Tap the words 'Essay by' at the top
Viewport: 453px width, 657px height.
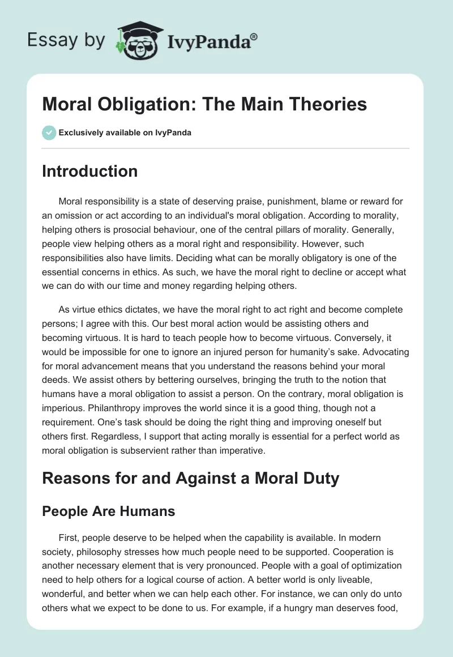67,40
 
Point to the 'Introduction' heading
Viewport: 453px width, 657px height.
89,171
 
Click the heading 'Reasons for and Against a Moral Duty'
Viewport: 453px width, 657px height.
190,478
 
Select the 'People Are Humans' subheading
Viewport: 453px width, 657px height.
109,511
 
